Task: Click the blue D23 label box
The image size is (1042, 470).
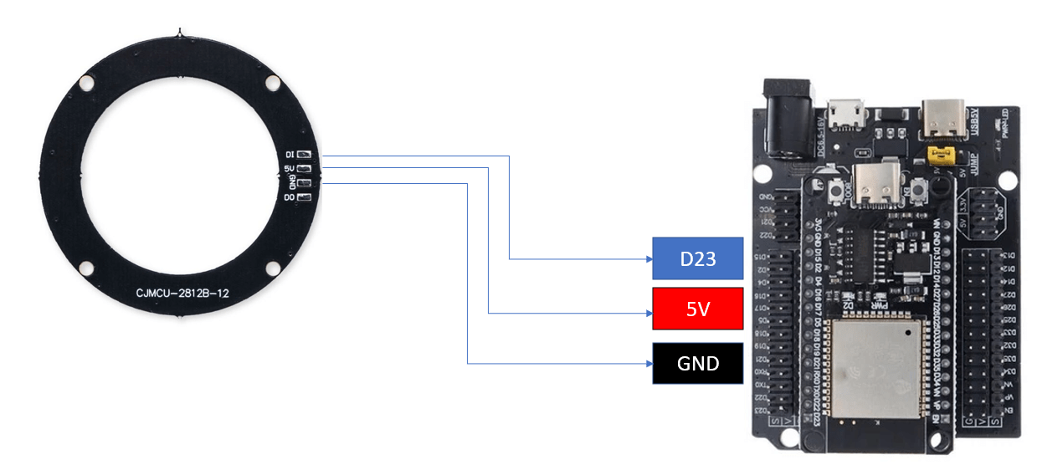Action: [697, 258]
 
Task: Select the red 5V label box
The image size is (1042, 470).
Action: [697, 309]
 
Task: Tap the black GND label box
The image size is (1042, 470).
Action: [697, 363]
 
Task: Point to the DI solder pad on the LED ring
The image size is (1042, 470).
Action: [304, 155]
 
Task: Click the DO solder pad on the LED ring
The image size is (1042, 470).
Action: [304, 197]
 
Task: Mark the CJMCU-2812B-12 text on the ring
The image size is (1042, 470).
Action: [182, 294]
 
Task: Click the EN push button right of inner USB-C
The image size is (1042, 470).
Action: [919, 192]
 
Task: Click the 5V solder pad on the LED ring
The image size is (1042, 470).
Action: [304, 169]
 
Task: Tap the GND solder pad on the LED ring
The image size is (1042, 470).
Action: [304, 183]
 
